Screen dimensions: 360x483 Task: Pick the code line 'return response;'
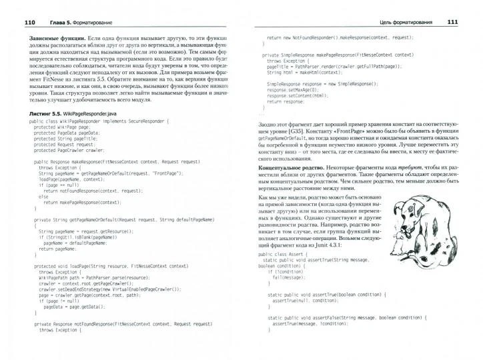click(281, 103)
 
